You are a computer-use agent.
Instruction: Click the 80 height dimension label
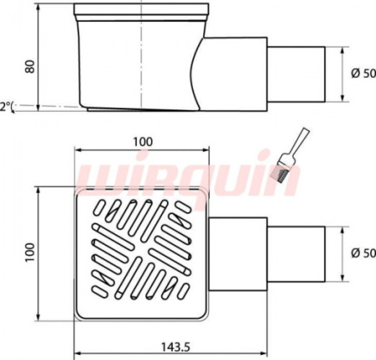[30, 66]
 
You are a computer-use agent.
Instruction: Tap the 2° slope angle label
[6, 107]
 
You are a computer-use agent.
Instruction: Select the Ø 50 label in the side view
[363, 74]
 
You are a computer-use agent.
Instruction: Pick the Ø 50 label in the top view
[363, 253]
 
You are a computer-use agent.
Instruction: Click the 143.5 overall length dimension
[175, 347]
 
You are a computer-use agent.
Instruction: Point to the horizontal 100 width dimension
[142, 142]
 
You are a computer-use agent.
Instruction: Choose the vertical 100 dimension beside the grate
[30, 252]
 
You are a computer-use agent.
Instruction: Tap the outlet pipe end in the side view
[297, 74]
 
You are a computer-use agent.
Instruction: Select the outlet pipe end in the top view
[297, 254]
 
